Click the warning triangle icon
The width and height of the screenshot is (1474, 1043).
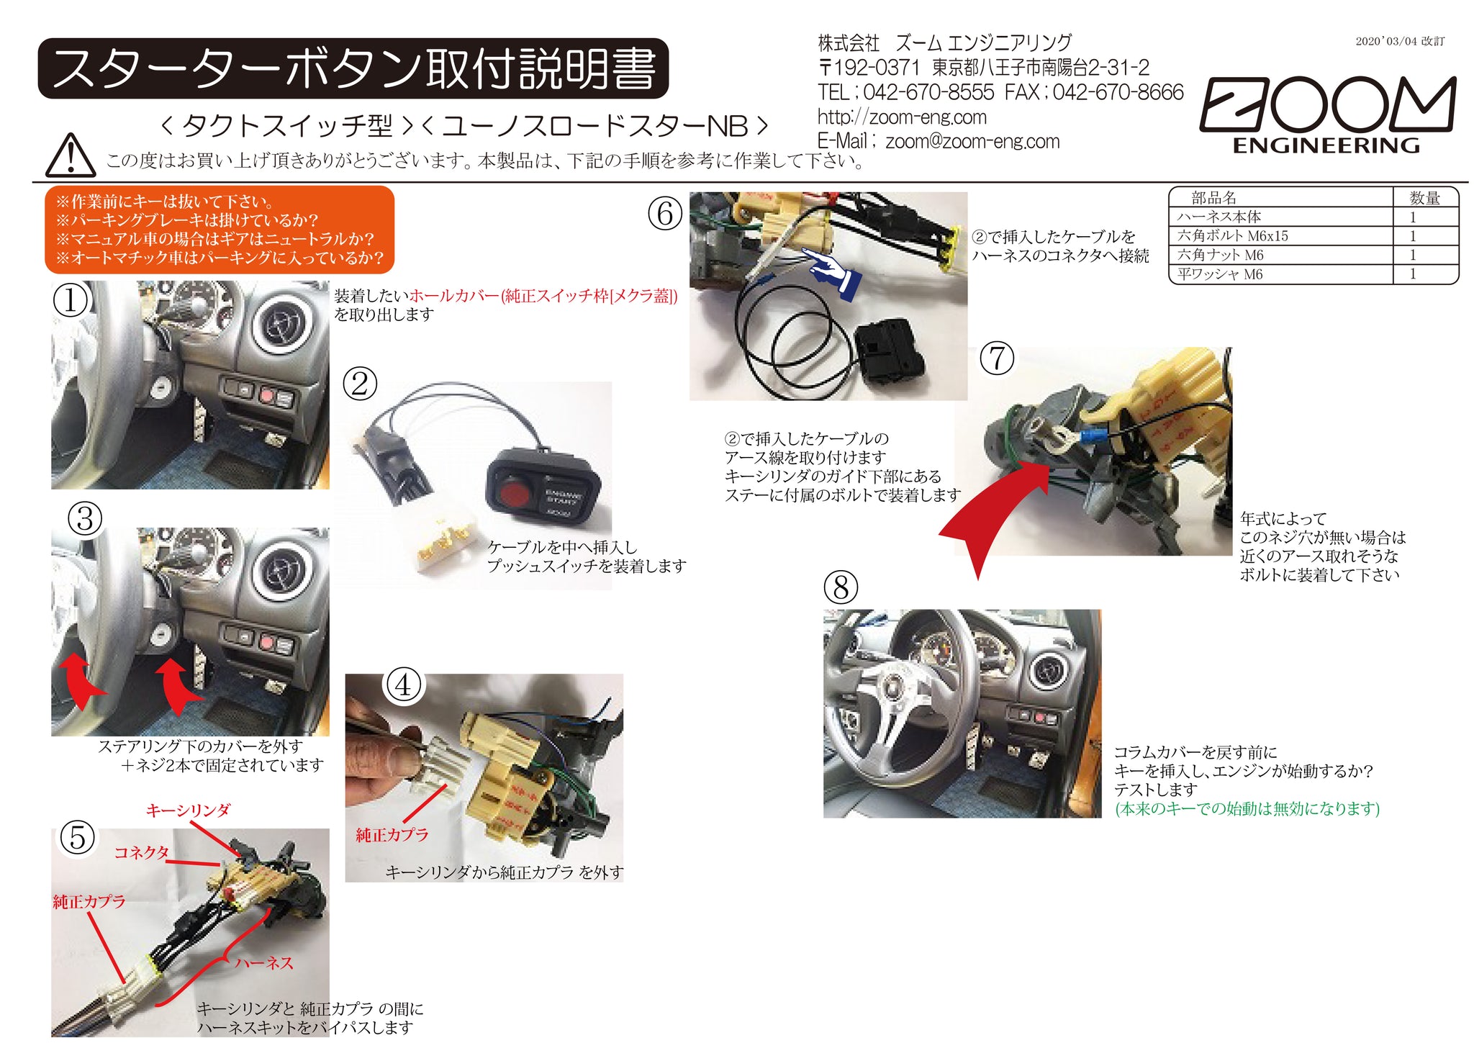click(x=70, y=155)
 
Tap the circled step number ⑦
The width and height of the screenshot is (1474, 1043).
click(x=997, y=358)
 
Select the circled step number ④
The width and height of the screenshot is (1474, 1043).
click(x=403, y=685)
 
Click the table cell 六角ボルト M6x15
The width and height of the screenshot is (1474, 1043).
click(x=1231, y=235)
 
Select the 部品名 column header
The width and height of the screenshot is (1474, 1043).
click(x=1213, y=197)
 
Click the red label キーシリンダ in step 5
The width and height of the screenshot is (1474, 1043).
click(x=188, y=811)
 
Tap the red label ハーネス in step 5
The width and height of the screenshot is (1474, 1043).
click(x=264, y=962)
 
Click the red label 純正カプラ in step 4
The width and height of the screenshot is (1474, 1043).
click(x=392, y=834)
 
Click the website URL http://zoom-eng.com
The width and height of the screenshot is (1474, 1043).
click(x=901, y=117)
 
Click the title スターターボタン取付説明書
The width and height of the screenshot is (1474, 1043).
click(x=353, y=69)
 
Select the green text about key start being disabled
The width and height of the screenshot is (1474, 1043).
click(x=1247, y=808)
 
